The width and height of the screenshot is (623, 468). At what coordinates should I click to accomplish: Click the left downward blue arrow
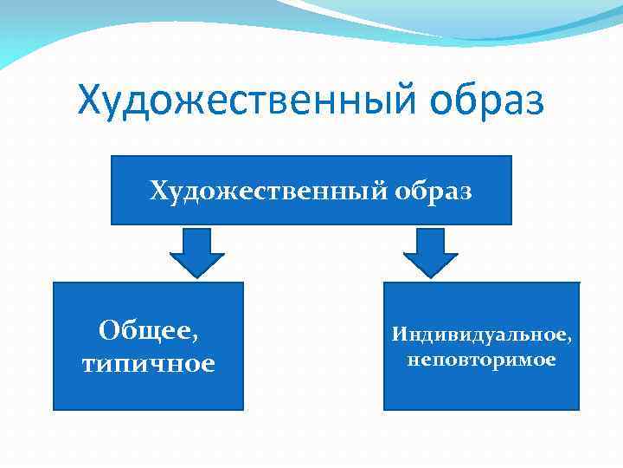coord(197,252)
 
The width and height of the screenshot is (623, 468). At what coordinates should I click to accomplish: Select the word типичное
coord(148,363)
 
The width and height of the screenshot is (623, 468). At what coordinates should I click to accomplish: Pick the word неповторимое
coord(481,359)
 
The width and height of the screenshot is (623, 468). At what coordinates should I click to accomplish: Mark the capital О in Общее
coord(108,330)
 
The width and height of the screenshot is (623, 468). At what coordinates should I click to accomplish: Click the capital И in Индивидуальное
coord(398,333)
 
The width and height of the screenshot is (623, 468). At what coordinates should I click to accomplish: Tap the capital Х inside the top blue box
coord(159,190)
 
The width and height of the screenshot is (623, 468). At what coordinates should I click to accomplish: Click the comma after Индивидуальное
coord(568,339)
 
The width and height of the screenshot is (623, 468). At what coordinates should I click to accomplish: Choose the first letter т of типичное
coord(89,365)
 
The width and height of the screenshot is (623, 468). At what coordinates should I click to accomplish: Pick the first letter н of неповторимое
coord(412,360)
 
